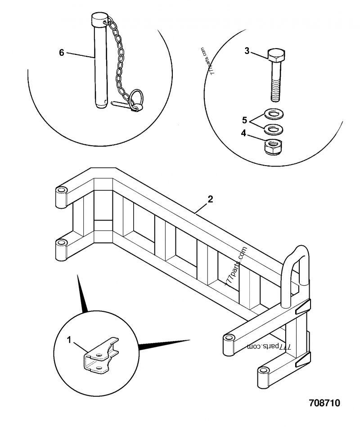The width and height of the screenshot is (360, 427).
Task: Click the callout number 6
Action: [x=62, y=53]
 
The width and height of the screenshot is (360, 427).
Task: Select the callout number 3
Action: [x=247, y=51]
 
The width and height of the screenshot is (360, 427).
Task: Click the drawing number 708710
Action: [x=324, y=402]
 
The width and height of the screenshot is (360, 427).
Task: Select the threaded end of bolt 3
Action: [x=276, y=92]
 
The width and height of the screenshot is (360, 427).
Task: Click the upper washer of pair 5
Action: [x=273, y=113]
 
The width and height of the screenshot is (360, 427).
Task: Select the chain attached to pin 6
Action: [x=118, y=58]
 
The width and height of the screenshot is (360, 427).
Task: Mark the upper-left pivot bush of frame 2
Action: [x=61, y=196]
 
